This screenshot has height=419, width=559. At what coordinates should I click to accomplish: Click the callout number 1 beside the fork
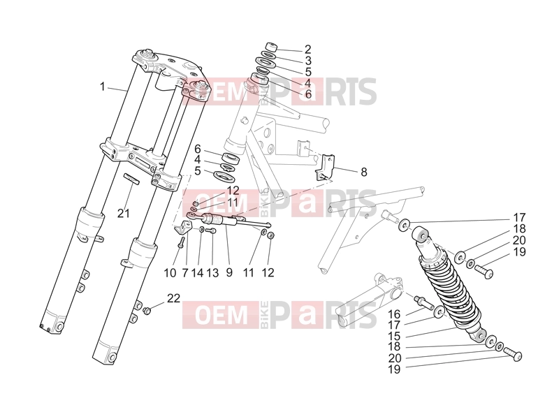[x=103, y=87]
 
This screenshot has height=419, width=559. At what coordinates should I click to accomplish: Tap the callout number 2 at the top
[x=308, y=50]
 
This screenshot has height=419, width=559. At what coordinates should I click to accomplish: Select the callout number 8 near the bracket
[x=308, y=61]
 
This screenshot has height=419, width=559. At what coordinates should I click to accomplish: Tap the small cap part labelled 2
[x=271, y=47]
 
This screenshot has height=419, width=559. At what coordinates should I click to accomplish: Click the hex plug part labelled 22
[x=146, y=311]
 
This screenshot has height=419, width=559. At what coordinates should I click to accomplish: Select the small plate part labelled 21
[x=131, y=179]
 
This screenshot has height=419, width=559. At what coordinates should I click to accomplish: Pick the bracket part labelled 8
[x=325, y=168]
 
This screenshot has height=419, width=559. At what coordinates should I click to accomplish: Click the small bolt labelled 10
[x=181, y=242]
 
